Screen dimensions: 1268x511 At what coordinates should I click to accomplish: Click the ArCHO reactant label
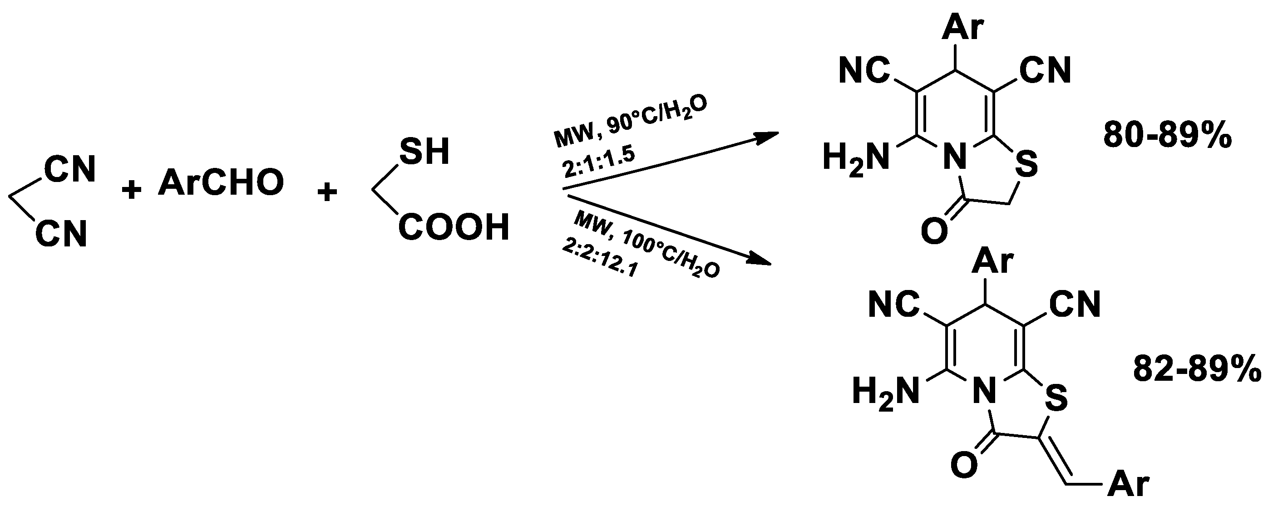221,182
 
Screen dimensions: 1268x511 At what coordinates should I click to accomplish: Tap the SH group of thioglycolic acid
424,152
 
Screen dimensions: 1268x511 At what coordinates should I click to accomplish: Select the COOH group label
454,227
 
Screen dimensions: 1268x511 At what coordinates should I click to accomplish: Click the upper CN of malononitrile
70,170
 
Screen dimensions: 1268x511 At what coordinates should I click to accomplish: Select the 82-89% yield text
1197,369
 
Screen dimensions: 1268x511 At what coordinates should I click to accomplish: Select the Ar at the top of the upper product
963,28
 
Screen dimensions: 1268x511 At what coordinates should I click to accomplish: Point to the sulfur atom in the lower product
1056,398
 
